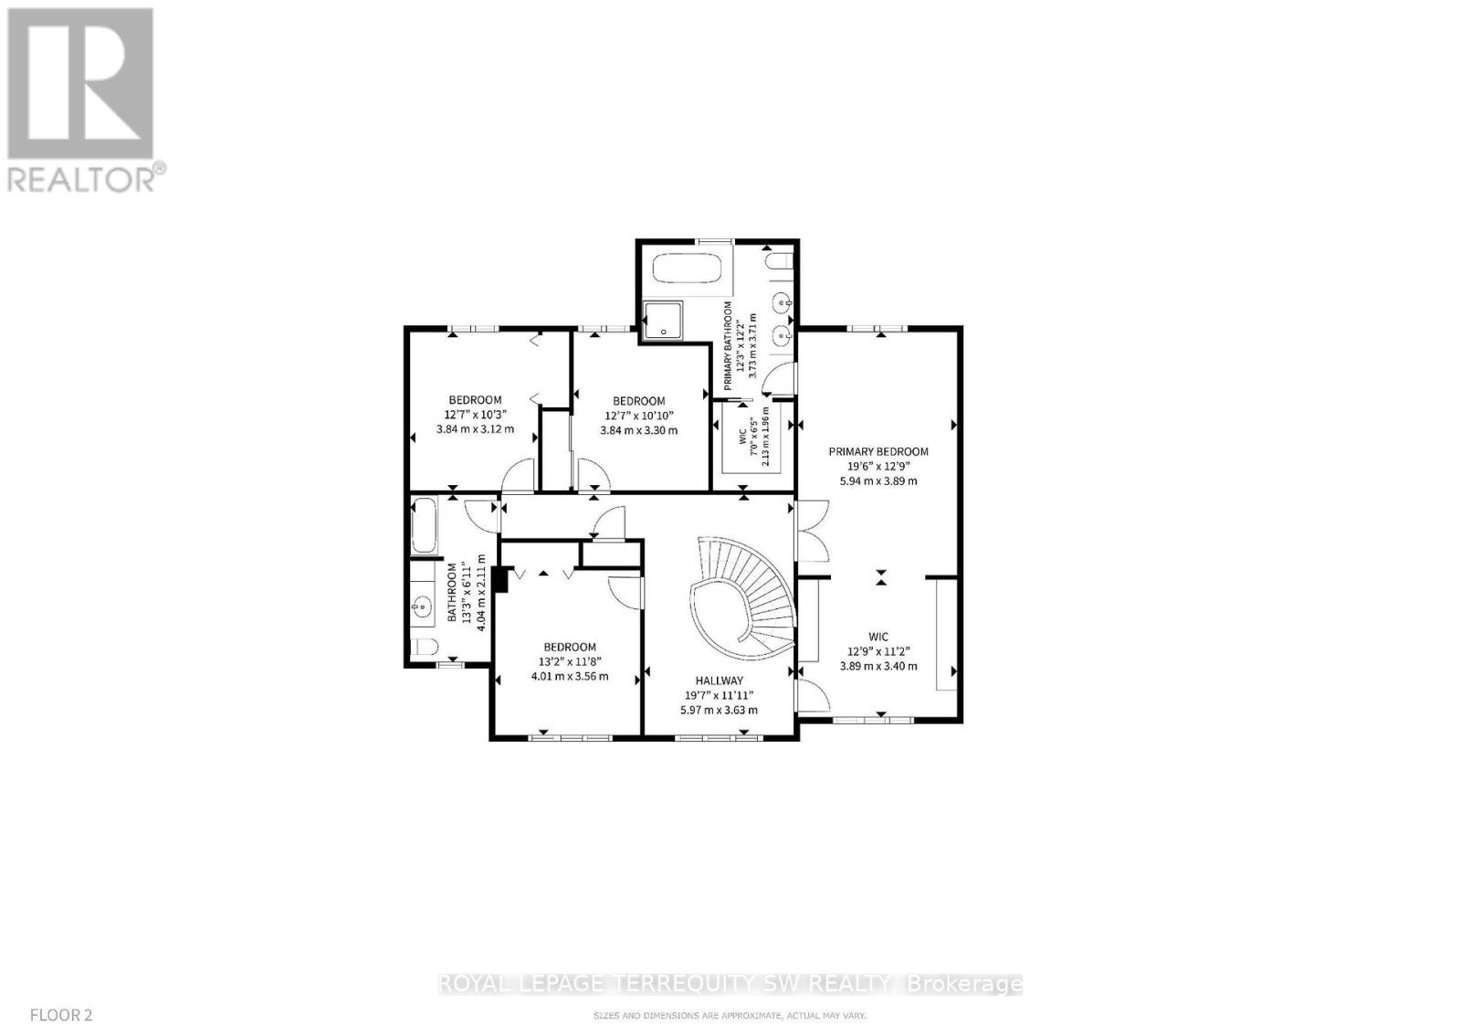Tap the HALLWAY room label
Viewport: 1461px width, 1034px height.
pyautogui.click(x=720, y=681)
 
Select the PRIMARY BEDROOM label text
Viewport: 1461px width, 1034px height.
pyautogui.click(x=878, y=451)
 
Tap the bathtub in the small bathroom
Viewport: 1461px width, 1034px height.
pyautogui.click(x=424, y=525)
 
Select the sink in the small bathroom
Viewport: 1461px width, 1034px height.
pyautogui.click(x=422, y=605)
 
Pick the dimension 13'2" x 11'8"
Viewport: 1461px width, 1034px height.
pyautogui.click(x=570, y=662)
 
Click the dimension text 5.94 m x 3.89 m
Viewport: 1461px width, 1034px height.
pyautogui.click(x=878, y=480)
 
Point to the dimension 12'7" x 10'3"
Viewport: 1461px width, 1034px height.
pyautogui.click(x=474, y=415)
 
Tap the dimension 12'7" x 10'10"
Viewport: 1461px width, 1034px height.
pyautogui.click(x=638, y=416)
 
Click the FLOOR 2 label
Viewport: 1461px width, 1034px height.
pyautogui.click(x=61, y=1014)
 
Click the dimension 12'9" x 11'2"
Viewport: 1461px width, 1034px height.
pyautogui.click(x=878, y=651)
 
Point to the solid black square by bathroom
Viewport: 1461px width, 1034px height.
pyautogui.click(x=499, y=579)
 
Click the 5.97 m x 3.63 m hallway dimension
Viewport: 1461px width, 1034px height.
pyautogui.click(x=720, y=710)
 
